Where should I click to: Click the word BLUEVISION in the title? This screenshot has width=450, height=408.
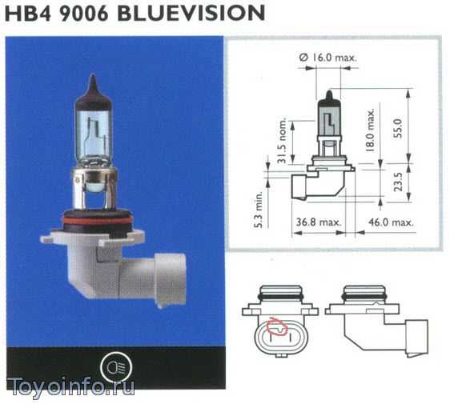coord(191,13)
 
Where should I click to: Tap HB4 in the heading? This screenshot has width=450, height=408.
coord(28,13)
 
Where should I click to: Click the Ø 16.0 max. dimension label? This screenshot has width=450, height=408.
coord(327,58)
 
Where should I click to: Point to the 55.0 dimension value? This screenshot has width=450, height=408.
coord(398,128)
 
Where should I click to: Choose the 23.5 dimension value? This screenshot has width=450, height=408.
coord(398,182)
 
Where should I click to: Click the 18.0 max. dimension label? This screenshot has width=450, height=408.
coord(370,130)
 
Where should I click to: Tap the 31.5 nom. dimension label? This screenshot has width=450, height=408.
coord(282,140)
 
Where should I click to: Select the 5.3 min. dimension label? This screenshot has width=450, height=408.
coord(259,210)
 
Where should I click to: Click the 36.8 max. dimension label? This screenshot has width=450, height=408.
coord(319,222)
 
